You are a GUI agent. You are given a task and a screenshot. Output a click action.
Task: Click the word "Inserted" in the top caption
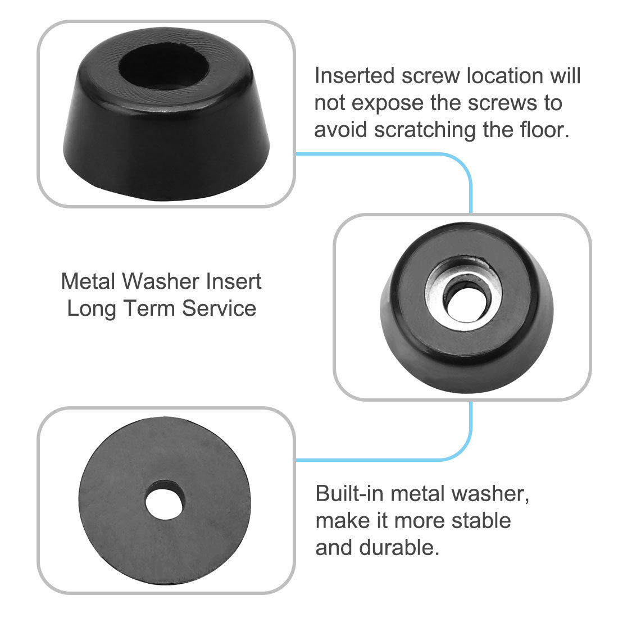tap(355, 75)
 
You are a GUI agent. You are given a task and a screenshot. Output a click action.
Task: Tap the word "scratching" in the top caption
tap(425, 130)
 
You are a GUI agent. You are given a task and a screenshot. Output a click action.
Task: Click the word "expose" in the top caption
tap(388, 104)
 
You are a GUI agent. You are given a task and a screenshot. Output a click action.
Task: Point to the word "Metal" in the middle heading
tap(88, 281)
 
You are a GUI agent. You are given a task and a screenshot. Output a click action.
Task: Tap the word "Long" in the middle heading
tap(92, 309)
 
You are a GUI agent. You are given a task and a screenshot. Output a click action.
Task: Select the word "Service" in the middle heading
tap(219, 308)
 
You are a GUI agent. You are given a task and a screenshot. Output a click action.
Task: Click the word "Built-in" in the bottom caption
tap(349, 493)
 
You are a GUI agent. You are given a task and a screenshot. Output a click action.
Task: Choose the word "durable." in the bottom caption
tap(399, 548)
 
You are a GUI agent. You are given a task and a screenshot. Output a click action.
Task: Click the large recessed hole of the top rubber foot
tap(164, 66)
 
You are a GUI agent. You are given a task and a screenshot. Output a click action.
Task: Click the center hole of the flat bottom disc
tap(165, 499)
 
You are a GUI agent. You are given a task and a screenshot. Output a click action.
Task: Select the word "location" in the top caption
tap(472, 75)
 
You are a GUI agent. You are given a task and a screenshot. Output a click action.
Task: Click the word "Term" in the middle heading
tap(149, 308)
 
